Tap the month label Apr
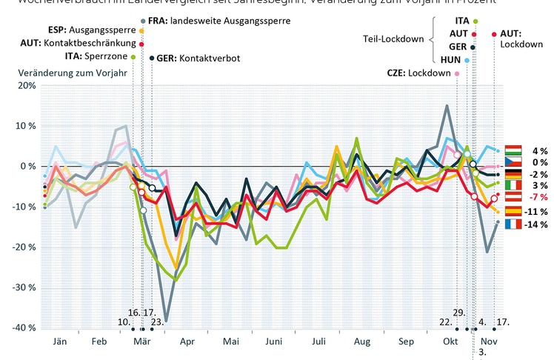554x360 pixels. coord(187,342)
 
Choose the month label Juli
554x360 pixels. coord(319,342)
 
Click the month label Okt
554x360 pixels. coord(450,342)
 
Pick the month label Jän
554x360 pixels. coord(61,342)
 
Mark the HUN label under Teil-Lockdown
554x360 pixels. coord(450,59)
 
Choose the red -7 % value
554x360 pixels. coord(535,199)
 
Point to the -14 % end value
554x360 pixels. coord(535,224)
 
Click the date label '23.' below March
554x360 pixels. coord(157,322)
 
